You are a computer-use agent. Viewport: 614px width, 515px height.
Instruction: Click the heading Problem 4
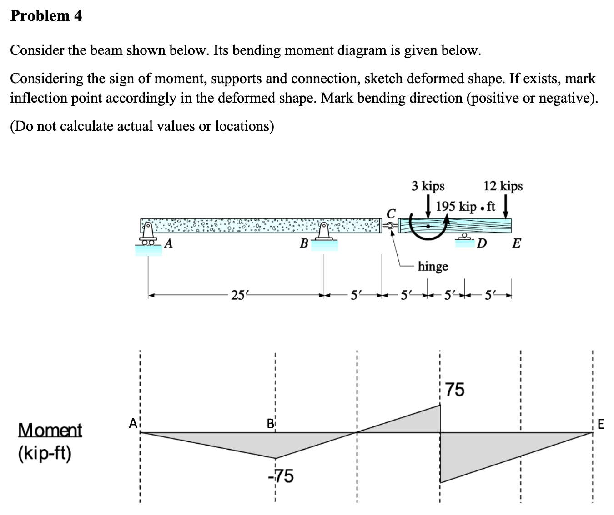tap(46, 16)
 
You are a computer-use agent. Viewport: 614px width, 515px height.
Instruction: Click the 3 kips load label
tap(428, 186)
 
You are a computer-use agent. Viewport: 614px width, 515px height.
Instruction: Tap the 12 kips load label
tap(503, 186)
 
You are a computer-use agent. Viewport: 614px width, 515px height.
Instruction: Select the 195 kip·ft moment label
tap(465, 207)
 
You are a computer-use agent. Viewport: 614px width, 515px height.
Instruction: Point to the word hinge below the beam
tap(433, 266)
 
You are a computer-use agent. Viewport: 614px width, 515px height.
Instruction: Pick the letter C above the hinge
tap(391, 213)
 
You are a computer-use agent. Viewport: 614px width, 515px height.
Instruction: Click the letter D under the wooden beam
tap(482, 243)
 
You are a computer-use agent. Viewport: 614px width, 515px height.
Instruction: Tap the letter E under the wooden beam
tap(516, 243)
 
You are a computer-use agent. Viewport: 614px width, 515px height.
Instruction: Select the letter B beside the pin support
tap(303, 243)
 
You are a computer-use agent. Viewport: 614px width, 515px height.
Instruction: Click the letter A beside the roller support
tap(168, 243)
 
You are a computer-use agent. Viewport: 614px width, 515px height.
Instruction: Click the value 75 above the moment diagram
tap(454, 390)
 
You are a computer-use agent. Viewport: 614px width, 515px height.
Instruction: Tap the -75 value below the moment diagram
tap(281, 476)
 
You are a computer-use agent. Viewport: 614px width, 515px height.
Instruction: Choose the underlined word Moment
tap(50, 430)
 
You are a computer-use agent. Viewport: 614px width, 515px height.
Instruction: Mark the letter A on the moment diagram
tap(133, 424)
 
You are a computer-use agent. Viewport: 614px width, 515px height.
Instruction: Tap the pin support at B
tap(323, 233)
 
